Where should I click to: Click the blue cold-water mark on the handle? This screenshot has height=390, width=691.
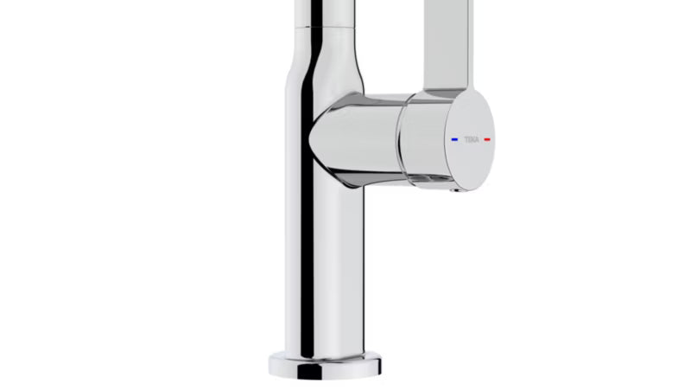(x=455, y=139)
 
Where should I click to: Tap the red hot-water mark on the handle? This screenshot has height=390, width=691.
(x=487, y=139)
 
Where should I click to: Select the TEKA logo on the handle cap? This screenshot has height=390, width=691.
(x=471, y=140)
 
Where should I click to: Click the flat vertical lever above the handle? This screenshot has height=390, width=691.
(x=447, y=44)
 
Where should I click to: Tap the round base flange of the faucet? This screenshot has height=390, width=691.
(x=326, y=365)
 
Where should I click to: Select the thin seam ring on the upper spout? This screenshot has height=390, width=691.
(x=324, y=28)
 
